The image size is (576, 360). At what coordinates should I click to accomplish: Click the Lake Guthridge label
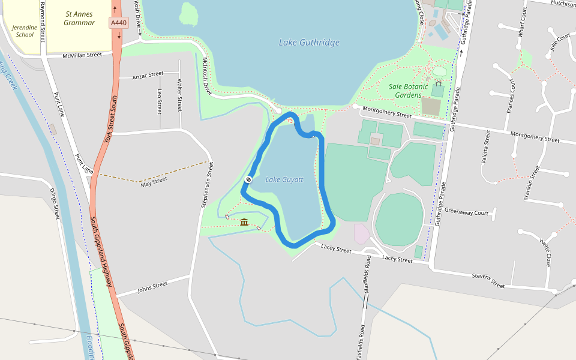[309, 43]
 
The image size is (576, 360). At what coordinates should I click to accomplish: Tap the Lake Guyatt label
[284, 179]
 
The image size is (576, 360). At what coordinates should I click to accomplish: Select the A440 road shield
[118, 23]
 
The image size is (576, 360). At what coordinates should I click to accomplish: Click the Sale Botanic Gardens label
[409, 91]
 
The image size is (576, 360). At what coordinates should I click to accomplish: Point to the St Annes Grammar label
[79, 18]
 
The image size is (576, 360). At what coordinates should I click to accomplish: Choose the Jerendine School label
[25, 31]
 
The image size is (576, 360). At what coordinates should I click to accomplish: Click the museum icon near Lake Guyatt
[244, 223]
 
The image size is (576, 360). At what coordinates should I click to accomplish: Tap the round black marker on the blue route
[248, 179]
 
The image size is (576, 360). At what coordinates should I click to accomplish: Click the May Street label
[154, 180]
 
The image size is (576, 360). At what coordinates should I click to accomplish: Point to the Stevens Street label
[488, 280]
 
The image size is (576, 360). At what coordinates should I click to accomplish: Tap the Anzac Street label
[148, 74]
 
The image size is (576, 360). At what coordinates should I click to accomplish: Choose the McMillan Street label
[82, 55]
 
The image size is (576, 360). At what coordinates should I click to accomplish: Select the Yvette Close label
[545, 253]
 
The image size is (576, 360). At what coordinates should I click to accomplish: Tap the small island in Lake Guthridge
[189, 14]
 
